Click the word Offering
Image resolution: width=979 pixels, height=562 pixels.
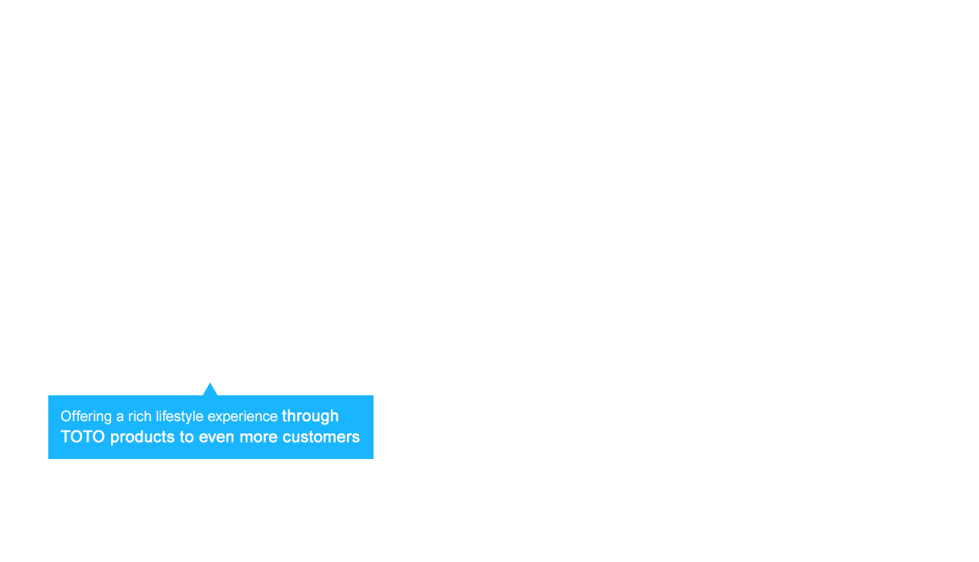pos(86,417)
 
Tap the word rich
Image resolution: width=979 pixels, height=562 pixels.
pos(140,416)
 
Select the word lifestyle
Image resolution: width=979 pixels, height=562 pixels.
pos(180,417)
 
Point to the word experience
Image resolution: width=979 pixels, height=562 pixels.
pos(242,417)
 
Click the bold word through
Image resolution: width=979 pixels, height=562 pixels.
pos(310,416)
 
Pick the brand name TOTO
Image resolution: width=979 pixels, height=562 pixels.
pos(83,436)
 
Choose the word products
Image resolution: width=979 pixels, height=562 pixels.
pos(143,437)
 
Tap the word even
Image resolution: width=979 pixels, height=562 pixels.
pos(217,437)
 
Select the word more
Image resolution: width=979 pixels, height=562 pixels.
pos(258,437)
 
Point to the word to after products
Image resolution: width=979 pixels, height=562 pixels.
pos(187,437)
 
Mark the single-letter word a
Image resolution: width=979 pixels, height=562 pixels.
pos(120,417)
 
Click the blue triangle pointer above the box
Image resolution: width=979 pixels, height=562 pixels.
pos(210,390)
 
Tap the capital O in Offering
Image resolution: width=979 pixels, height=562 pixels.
pos(66,416)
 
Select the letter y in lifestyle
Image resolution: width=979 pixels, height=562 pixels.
pos(190,419)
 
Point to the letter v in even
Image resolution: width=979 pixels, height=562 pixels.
pos(213,438)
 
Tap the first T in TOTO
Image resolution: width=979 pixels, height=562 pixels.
pos(65,436)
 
